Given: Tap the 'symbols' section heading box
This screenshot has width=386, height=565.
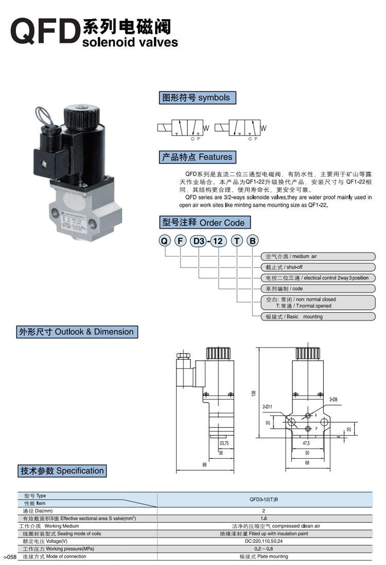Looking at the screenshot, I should click(x=197, y=98).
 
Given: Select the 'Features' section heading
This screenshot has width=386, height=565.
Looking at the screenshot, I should click(x=197, y=157).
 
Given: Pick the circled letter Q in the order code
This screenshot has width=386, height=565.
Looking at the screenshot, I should click(x=164, y=240).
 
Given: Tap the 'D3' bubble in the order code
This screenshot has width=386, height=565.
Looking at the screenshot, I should click(x=198, y=240).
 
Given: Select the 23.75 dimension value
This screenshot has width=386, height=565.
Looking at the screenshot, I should click(x=224, y=443).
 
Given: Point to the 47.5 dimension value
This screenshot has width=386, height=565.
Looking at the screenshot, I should click(x=306, y=443).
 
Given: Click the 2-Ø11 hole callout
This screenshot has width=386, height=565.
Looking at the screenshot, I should click(x=267, y=407).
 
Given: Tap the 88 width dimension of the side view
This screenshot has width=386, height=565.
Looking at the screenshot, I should click(x=204, y=465).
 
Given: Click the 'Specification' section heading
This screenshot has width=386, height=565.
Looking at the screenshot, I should click(x=62, y=471).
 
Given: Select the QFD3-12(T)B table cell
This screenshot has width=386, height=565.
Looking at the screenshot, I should click(x=264, y=500).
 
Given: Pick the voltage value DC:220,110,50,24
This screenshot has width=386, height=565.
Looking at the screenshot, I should click(x=264, y=541).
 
